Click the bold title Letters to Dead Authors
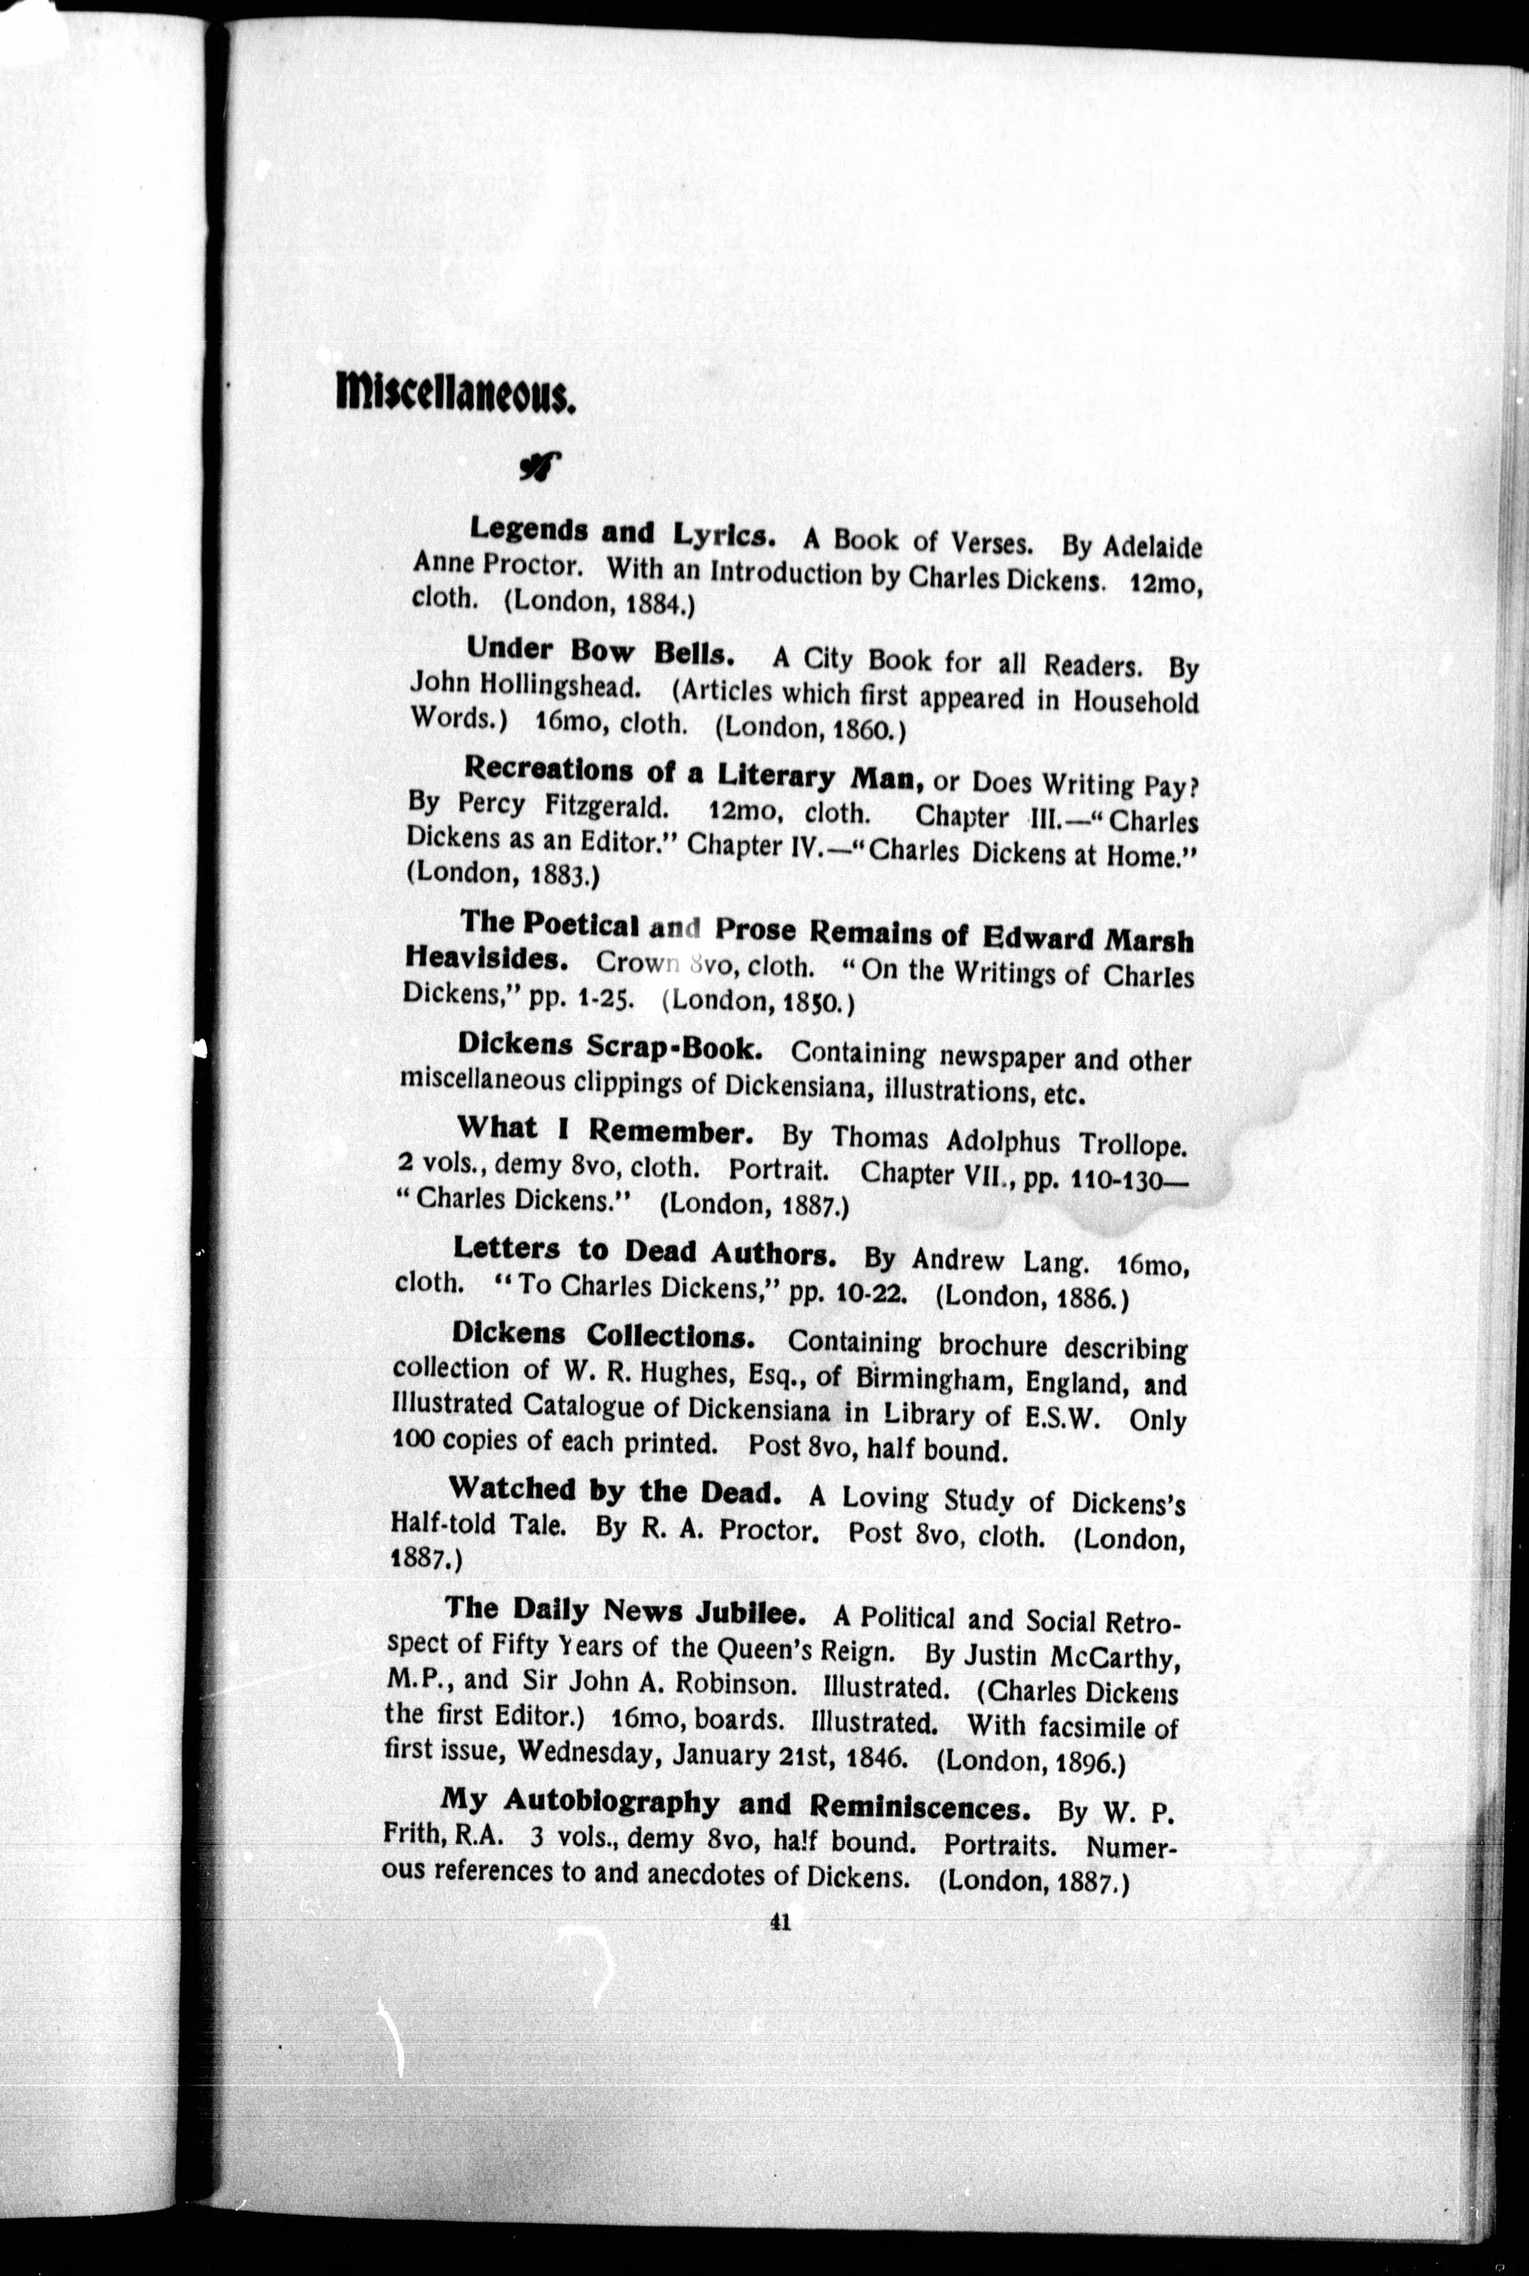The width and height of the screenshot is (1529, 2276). click(644, 1252)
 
